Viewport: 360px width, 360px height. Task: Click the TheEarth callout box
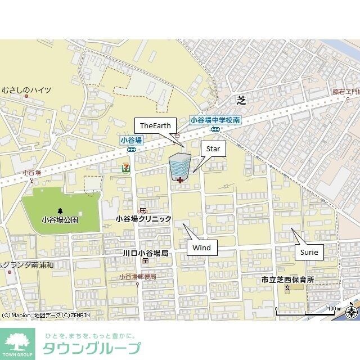tap(155, 125)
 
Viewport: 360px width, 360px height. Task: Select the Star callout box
tap(213, 149)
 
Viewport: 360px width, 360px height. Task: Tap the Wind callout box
tap(201, 247)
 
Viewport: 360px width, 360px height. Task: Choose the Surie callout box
tap(309, 252)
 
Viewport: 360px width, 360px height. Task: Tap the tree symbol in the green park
tap(60, 210)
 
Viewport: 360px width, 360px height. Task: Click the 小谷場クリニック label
tap(143, 219)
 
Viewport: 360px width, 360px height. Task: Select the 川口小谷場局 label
tap(146, 254)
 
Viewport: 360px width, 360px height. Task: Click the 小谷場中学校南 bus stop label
tap(215, 120)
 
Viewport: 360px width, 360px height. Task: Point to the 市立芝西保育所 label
tap(287, 280)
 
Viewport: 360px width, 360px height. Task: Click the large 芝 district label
tap(241, 100)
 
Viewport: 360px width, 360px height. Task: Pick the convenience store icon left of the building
tap(124, 167)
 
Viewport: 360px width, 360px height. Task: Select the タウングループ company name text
tap(92, 348)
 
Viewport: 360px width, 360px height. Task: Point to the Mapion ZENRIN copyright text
tap(45, 315)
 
